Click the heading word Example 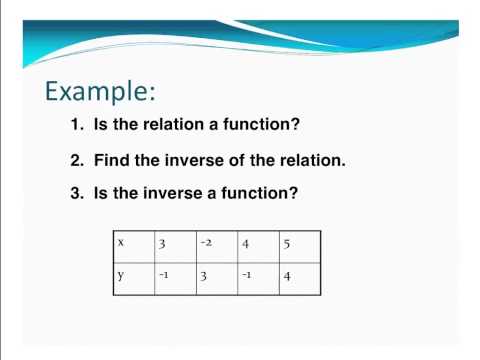coord(100,92)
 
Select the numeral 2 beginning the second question coord(75,160)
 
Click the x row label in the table coord(120,242)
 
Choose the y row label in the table coord(120,276)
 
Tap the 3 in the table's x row coord(162,243)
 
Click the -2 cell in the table coord(205,242)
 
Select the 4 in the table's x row coord(246,243)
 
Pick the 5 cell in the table coord(288,243)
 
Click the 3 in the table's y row coord(203,277)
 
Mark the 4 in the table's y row coord(287,277)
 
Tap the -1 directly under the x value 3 coord(163,276)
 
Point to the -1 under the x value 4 coord(247,276)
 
